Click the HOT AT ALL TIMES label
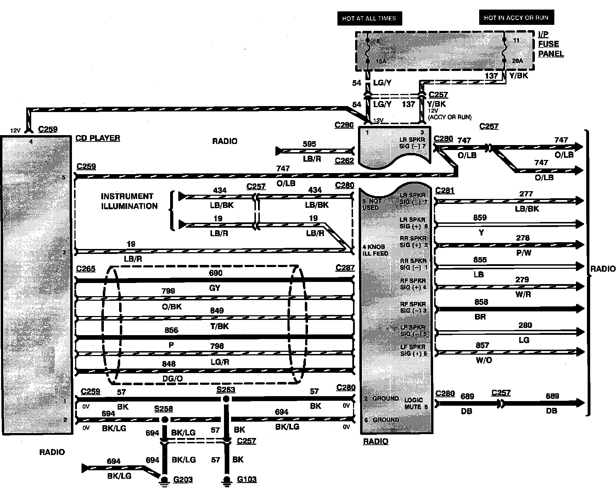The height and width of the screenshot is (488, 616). tap(369, 18)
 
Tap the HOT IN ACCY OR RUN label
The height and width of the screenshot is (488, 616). tap(516, 17)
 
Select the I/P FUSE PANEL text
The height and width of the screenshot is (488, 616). tap(550, 44)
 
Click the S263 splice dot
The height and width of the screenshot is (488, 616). tap(226, 399)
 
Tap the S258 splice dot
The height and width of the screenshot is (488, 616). tap(165, 420)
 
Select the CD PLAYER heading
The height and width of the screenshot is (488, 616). tap(98, 138)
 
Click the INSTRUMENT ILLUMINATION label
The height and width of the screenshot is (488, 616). tap(129, 201)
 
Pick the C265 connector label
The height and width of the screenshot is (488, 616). tap(86, 268)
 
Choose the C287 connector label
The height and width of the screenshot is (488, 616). tap(345, 268)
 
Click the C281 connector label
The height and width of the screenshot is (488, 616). tap(445, 190)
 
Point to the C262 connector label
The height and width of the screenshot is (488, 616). tap(344, 161)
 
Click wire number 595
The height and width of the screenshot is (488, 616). tap(309, 144)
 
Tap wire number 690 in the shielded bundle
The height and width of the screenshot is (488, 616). tap(215, 273)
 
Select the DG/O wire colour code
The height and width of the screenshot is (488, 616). tap(172, 379)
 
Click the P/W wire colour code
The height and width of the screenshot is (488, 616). tap(524, 253)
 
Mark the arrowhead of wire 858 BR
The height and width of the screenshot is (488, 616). tap(580, 309)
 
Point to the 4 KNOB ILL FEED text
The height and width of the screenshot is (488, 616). tap(375, 250)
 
